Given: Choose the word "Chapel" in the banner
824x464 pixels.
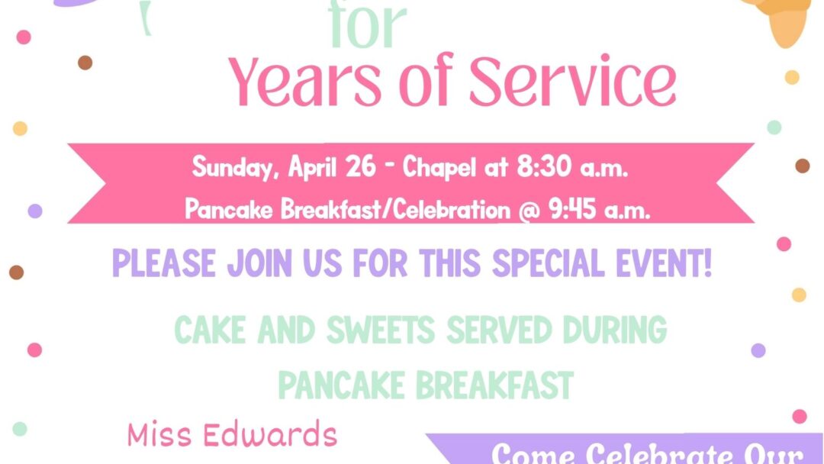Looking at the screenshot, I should click(439, 167).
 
